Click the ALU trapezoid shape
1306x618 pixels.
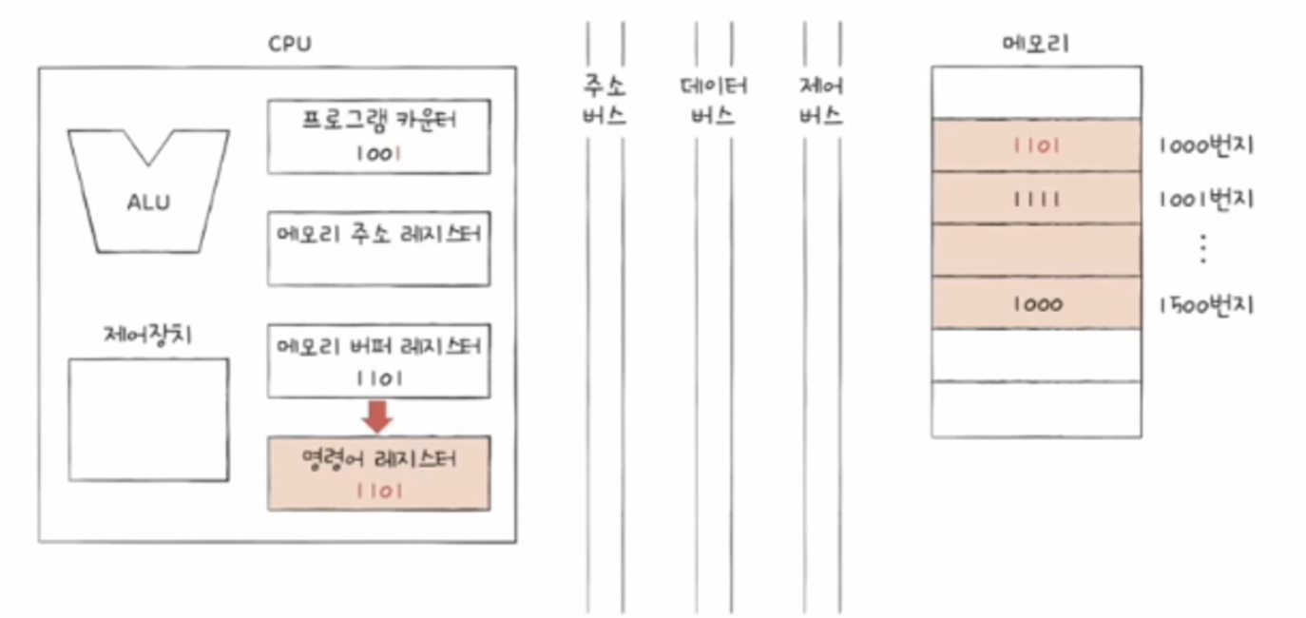click(x=148, y=190)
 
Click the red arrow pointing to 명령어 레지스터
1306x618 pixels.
click(x=378, y=415)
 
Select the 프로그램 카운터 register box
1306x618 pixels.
click(x=378, y=135)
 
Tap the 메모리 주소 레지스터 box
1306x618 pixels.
click(x=378, y=248)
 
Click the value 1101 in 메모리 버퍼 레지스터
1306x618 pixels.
click(x=378, y=377)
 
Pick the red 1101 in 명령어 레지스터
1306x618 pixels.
click(x=378, y=492)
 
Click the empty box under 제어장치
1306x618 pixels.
click(x=148, y=419)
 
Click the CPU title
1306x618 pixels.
click(x=290, y=44)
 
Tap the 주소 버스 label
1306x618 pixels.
click(x=605, y=102)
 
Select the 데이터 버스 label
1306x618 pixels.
click(x=713, y=102)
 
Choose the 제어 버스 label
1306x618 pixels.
click(x=821, y=102)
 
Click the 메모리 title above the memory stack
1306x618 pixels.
click(x=1035, y=44)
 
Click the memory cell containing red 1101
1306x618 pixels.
click(x=1036, y=145)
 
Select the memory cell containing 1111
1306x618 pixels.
click(x=1036, y=199)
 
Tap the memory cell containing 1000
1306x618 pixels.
click(x=1036, y=304)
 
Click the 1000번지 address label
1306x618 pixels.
click(x=1206, y=145)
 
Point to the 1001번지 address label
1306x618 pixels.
click(x=1206, y=199)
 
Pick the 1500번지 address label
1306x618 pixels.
click(x=1206, y=304)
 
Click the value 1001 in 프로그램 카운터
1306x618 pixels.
click(x=378, y=152)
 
